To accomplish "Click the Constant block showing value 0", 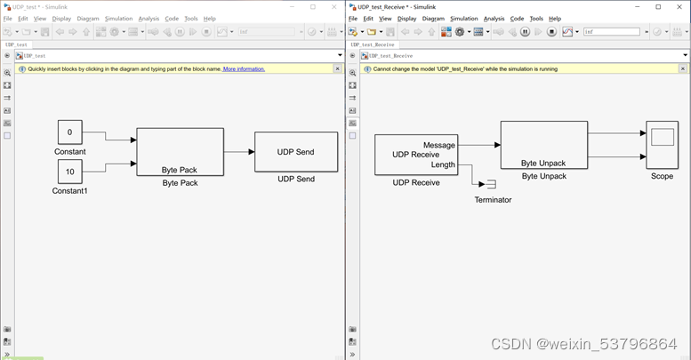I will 69,132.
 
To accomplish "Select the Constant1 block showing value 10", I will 69,172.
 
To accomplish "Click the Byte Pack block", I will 180,152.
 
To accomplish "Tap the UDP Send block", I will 295,152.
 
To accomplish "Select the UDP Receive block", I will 415,155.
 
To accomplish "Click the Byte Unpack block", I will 542,145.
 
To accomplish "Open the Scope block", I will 662,145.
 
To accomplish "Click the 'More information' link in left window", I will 244,68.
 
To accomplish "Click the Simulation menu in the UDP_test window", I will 118,19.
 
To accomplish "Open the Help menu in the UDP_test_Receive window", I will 555,19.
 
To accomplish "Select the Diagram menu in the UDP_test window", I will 88,19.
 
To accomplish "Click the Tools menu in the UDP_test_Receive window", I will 536,19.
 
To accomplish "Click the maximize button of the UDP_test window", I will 313,7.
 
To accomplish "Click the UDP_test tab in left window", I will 17,44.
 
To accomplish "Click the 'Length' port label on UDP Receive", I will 442,164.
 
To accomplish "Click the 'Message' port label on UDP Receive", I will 438,145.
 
